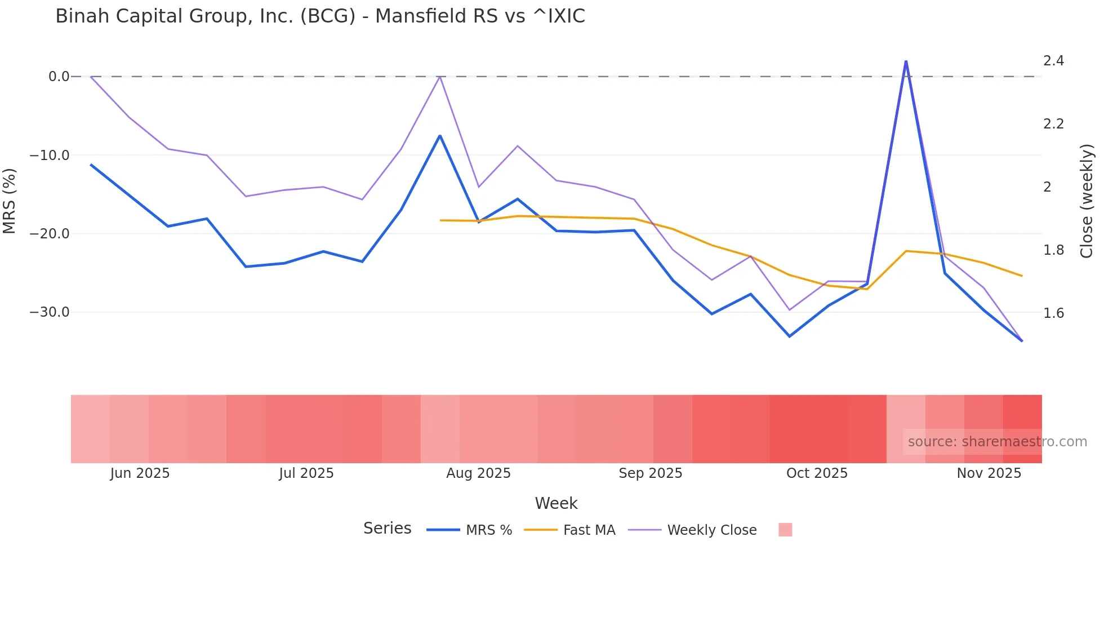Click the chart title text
320,16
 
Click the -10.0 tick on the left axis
50,155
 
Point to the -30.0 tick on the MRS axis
50,312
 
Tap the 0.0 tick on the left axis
59,77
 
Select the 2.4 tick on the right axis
1053,61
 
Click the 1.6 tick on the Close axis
1053,313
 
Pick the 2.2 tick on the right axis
1053,124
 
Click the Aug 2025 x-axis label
478,473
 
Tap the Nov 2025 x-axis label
989,473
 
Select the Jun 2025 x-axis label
140,473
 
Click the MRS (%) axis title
10,201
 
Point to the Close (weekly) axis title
1087,201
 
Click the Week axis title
556,503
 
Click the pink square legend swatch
785,530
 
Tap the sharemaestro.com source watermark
997,442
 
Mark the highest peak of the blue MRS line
906,61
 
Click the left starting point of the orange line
440,220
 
